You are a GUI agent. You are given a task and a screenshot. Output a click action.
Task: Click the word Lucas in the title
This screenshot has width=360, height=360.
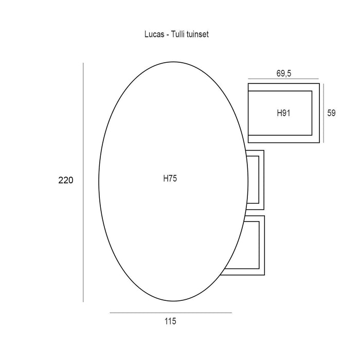154,34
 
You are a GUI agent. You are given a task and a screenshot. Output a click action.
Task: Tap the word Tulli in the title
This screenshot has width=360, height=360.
178,34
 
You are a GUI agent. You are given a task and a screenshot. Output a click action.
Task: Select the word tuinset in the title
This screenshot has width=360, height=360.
197,34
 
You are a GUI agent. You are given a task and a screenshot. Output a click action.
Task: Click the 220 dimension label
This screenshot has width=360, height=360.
66,180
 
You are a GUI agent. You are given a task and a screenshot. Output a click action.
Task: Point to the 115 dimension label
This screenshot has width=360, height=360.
170,321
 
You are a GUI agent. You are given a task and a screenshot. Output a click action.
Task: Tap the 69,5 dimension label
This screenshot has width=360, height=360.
284,74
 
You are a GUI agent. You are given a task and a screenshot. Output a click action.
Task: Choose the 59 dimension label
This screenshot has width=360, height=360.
331,113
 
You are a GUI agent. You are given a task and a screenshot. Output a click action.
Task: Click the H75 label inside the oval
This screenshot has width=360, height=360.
170,178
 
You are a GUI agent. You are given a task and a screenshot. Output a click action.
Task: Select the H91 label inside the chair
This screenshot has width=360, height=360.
283,113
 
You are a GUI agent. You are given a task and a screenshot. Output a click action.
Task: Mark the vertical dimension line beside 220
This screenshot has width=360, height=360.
83,183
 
